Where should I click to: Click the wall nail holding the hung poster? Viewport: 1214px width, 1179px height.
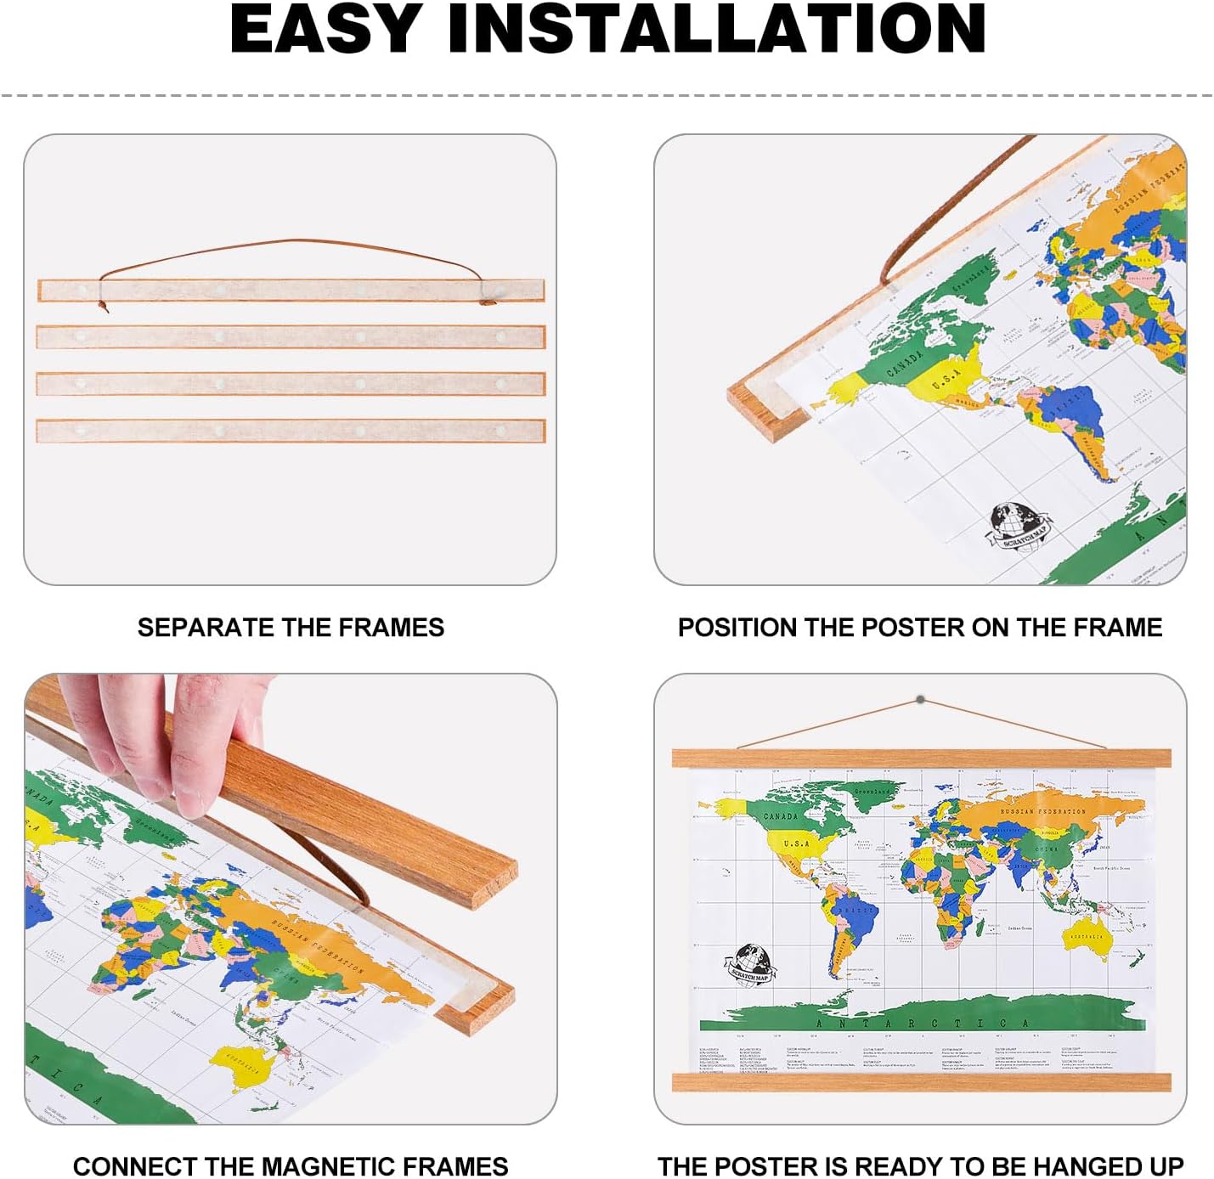[920, 700]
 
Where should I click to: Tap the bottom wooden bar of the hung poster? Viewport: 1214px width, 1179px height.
[921, 1082]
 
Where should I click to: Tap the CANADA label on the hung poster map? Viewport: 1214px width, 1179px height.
[780, 816]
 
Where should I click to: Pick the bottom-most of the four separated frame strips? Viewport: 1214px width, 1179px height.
[291, 431]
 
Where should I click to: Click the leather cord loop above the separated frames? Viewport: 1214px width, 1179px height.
[289, 245]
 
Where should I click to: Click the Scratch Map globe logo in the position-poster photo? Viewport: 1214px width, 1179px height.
[1018, 525]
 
